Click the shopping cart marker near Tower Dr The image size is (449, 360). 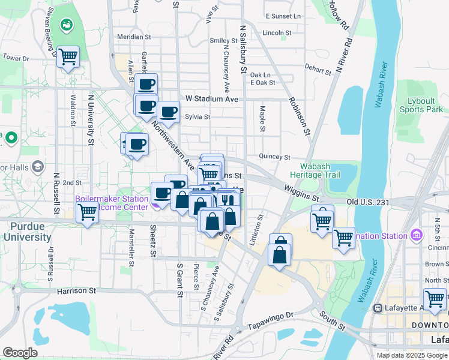68,57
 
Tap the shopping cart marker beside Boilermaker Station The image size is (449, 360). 88,212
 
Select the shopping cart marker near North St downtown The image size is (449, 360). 435,298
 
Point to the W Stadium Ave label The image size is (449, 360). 212,98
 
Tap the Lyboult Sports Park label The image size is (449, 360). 424,105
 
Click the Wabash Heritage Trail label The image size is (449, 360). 320,170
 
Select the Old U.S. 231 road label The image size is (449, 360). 369,202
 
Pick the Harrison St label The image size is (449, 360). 77,291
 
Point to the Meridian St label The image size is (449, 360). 134,37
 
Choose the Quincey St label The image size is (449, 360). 275,156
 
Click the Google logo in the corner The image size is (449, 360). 20,353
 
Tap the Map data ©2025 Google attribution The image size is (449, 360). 411,355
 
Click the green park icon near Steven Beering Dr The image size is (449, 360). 66,25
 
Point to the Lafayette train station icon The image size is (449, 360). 378,308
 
